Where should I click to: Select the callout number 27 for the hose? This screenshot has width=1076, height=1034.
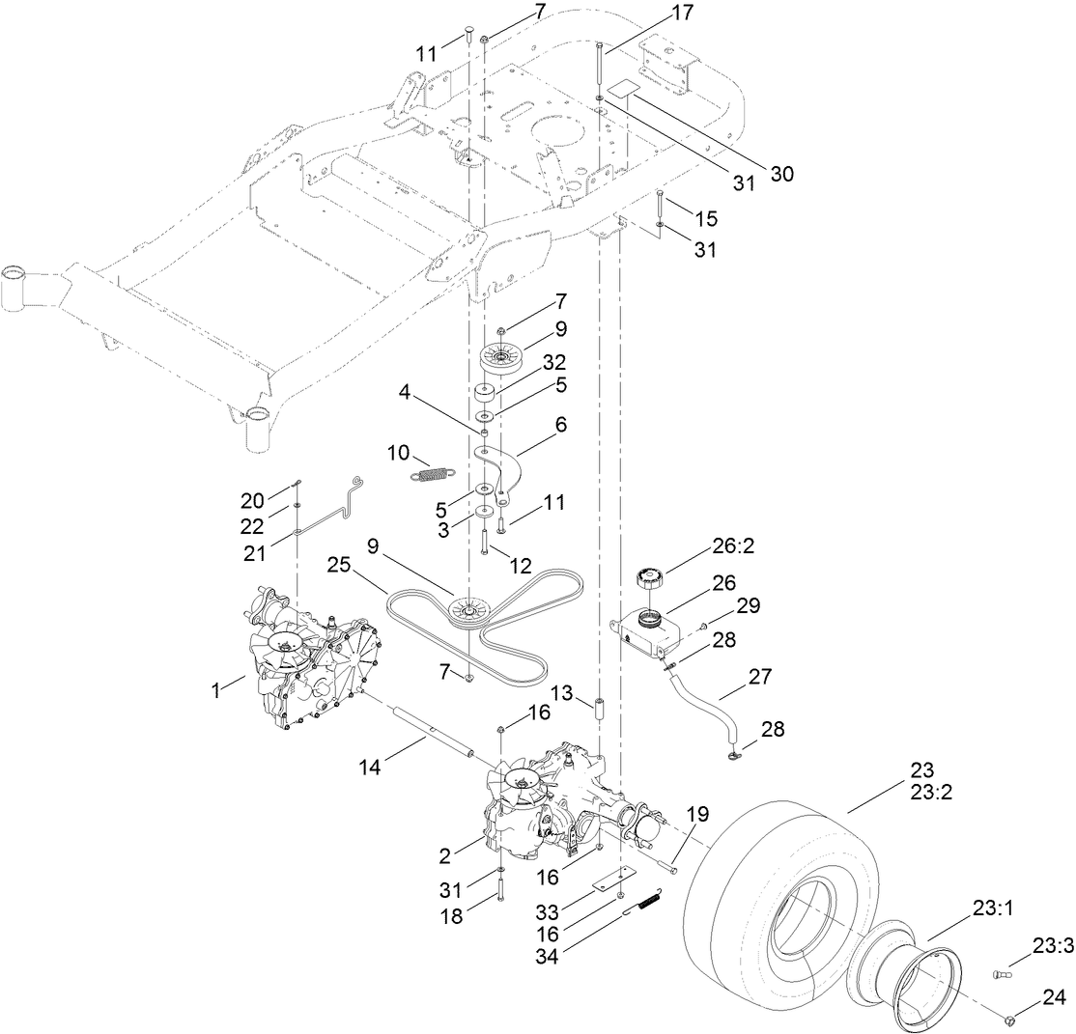tap(759, 678)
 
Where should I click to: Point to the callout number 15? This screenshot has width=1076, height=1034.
tap(705, 217)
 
